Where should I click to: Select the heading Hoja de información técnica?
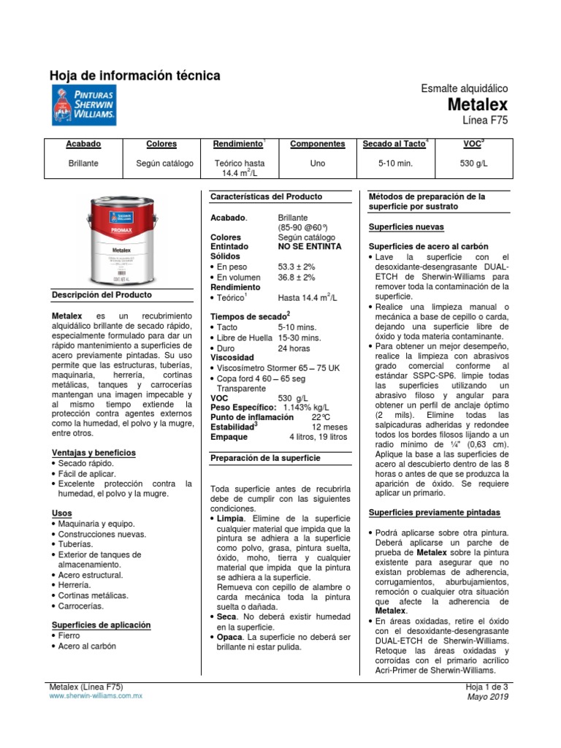point(134,76)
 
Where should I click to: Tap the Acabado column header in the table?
point(84,144)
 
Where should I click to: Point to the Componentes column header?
point(318,144)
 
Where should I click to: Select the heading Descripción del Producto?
point(102,295)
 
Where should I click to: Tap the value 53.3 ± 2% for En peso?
point(297,267)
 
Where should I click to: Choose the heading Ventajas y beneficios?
point(93,453)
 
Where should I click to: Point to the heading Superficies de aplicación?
point(101,625)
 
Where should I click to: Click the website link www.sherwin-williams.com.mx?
point(95,697)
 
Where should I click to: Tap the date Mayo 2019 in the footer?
point(489,697)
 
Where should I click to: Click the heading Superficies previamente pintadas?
point(435,512)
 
